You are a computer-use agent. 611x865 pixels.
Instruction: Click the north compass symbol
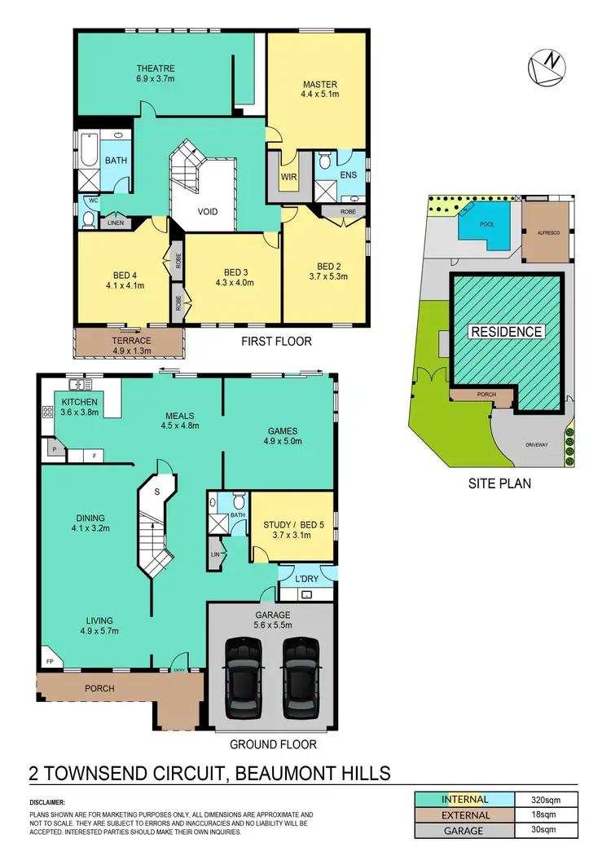pos(547,67)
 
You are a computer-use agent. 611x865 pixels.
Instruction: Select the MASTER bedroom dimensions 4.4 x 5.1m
pos(320,95)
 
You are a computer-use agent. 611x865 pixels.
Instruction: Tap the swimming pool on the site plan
pos(485,223)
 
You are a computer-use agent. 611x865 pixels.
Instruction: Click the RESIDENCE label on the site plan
pos(506,332)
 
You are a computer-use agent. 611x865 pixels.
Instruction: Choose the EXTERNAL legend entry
pos(466,814)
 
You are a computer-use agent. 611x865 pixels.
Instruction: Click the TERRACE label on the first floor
pos(132,340)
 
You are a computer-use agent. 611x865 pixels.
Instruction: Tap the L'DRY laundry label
pos(305,578)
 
